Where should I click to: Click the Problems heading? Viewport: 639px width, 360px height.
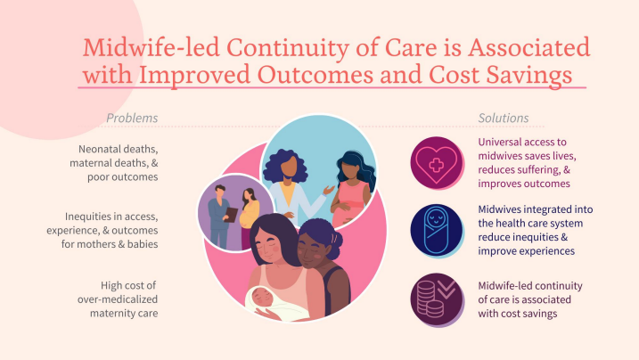point(132,119)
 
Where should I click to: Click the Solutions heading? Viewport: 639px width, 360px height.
point(504,119)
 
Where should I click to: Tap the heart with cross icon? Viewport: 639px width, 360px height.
point(436,164)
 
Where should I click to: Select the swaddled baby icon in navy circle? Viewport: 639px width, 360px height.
point(436,231)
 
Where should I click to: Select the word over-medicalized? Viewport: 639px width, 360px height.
point(118,299)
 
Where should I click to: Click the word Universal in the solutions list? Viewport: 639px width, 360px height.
point(500,142)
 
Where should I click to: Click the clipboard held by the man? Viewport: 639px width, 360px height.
point(231,214)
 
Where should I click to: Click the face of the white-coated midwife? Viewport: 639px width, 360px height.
point(290,165)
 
